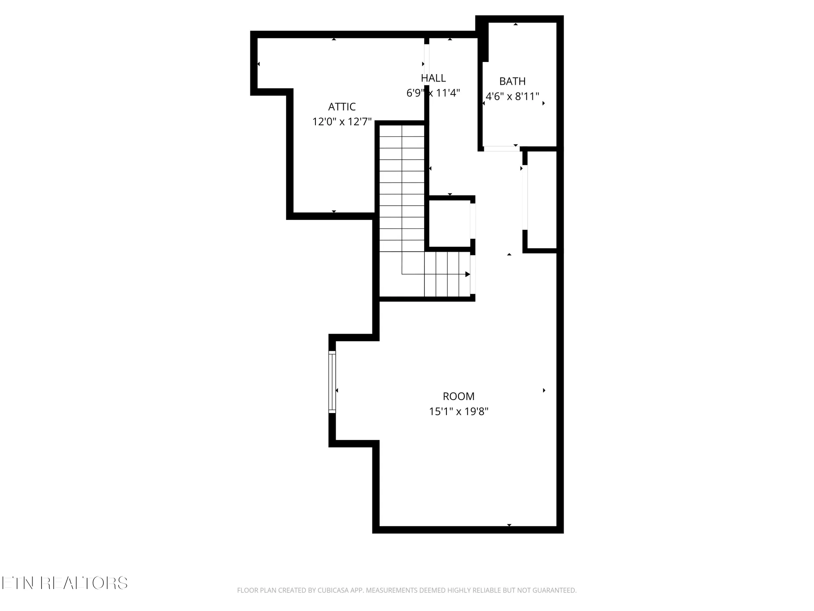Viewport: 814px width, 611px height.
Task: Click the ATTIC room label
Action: [342, 107]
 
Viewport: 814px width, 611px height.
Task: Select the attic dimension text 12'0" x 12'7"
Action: [342, 122]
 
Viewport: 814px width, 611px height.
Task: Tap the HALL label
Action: [433, 78]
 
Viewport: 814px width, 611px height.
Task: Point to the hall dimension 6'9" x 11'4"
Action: [433, 93]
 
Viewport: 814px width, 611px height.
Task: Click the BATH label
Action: [512, 81]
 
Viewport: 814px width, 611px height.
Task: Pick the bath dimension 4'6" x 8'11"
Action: [512, 97]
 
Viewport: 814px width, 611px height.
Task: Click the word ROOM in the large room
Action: [459, 396]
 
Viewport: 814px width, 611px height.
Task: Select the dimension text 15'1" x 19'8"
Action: [459, 411]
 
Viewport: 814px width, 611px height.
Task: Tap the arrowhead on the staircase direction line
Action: [468, 275]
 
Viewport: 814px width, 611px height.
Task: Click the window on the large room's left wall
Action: [332, 382]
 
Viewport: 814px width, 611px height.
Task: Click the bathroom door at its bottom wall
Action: [501, 149]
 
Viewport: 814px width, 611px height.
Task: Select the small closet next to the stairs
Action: [449, 224]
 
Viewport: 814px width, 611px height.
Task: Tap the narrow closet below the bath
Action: [542, 200]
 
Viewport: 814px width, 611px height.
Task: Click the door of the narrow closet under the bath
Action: [525, 197]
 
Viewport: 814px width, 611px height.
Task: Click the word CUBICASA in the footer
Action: [334, 590]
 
